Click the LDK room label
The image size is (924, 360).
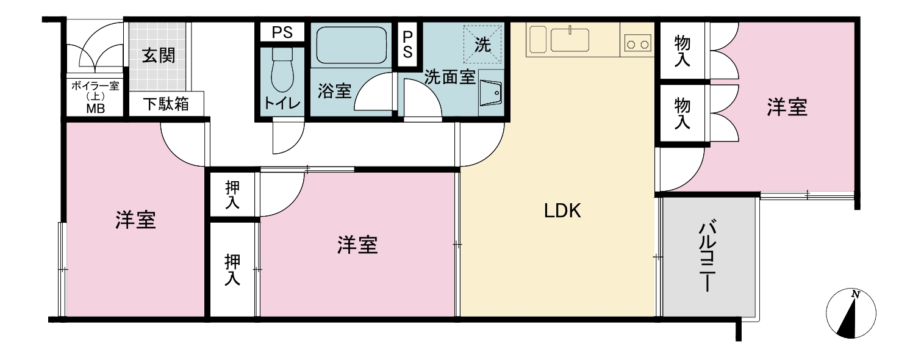point(562,211)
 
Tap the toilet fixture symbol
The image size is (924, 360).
point(282,70)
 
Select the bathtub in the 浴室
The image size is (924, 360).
point(351,45)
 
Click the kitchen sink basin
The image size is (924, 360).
point(570,40)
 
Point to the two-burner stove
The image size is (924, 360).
point(638,43)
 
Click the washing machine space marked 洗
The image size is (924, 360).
point(482,45)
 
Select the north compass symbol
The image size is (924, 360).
point(851,314)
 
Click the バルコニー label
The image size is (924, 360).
point(707,256)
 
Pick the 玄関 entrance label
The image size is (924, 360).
point(159,56)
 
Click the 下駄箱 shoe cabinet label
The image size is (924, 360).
point(167,104)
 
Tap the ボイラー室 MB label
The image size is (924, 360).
point(95,97)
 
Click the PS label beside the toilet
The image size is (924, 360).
point(282,32)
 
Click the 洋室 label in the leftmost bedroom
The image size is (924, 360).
point(135,220)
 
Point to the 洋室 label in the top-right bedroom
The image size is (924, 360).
point(787,107)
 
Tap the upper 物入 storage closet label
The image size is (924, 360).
point(682,51)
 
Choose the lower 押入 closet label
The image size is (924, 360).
point(232,270)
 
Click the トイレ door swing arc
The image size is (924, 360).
point(288,139)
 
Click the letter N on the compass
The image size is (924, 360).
point(856,294)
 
